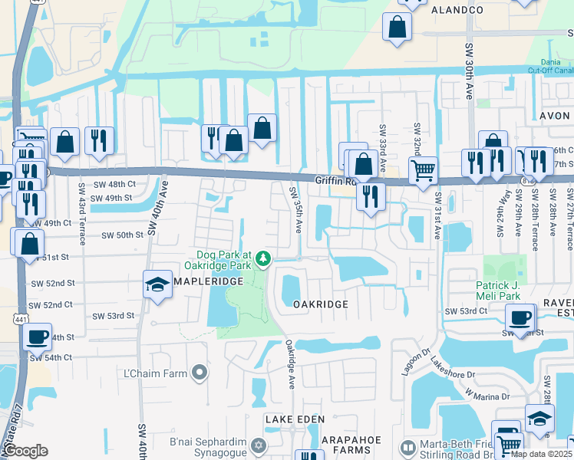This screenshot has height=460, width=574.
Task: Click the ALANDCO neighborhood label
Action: tap(457, 10)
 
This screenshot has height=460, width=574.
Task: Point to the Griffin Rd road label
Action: tap(336, 181)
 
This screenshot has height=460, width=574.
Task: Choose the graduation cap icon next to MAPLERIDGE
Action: tap(157, 284)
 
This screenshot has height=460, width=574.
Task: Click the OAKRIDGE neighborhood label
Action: tap(321, 304)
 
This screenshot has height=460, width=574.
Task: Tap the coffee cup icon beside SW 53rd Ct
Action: tap(520, 317)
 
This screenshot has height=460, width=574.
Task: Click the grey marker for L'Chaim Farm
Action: tap(200, 373)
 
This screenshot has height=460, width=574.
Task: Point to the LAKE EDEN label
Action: tap(295, 419)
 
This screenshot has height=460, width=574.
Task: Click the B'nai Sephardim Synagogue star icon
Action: tap(259, 445)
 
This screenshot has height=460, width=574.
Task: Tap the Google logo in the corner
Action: tap(25, 451)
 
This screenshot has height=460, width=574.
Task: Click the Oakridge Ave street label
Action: tap(291, 365)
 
